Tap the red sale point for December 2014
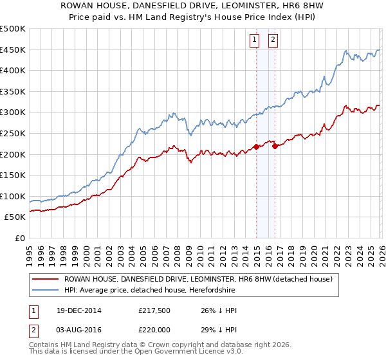pyautogui.click(x=256, y=147)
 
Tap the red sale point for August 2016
pyautogui.click(x=275, y=146)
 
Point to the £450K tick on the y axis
pyautogui.click(x=14, y=50)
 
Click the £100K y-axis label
pyautogui.click(x=14, y=196)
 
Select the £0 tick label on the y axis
pyautogui.click(x=20, y=238)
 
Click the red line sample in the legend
pyautogui.click(x=45, y=279)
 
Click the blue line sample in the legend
pyautogui.click(x=45, y=290)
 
